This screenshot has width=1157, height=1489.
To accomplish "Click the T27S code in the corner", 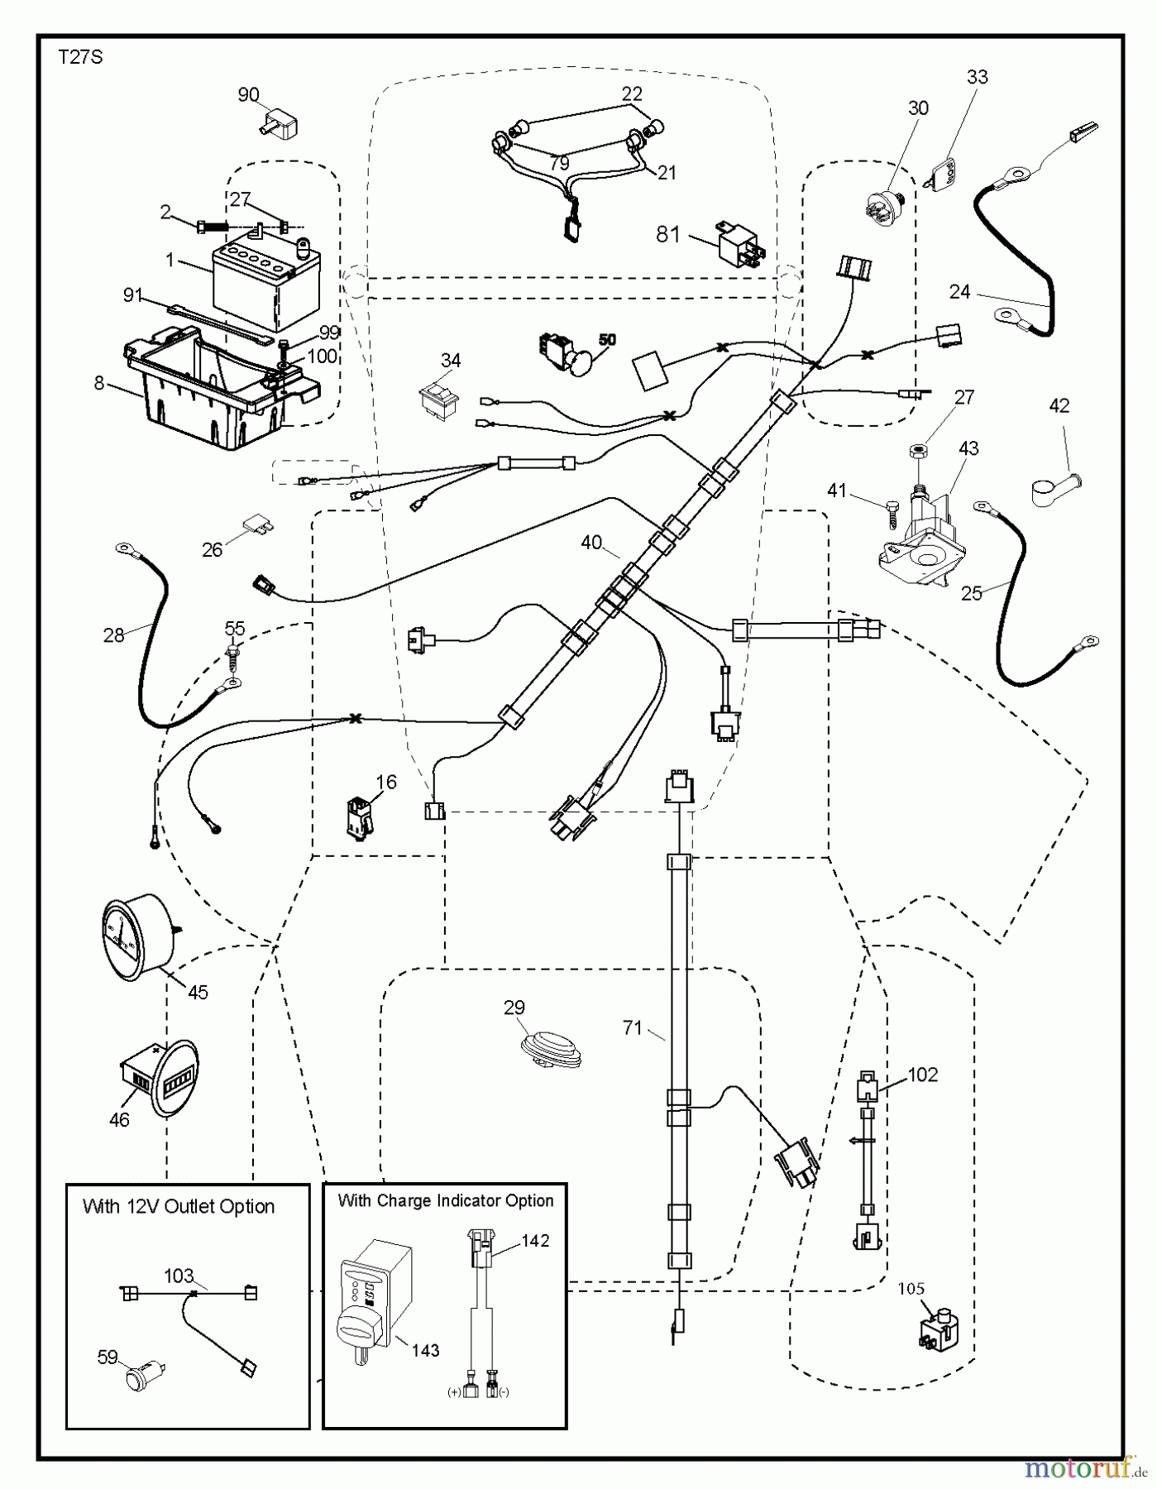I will (x=80, y=59).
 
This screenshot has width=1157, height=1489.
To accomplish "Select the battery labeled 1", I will (x=265, y=283).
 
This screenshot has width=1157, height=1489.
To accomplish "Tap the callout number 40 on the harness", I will (x=591, y=543).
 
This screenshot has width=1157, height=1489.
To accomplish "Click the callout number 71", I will (x=633, y=1028).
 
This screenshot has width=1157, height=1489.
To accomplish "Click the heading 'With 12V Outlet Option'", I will (x=179, y=1207).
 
